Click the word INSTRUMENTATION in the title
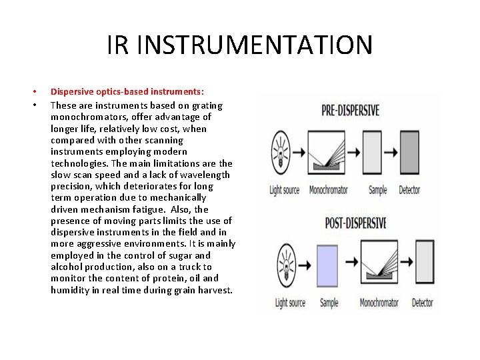257,45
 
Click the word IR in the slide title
117,45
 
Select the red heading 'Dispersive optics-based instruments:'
127,91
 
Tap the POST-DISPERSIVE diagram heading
355,223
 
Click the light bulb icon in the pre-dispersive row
284,153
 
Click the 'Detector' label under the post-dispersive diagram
422,303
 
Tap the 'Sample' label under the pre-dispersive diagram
378,190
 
